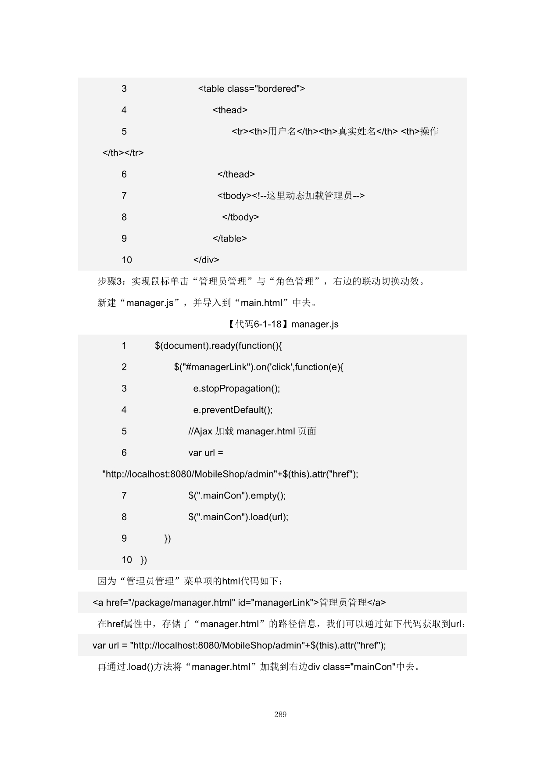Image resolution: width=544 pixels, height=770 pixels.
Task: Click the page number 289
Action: pyautogui.click(x=280, y=715)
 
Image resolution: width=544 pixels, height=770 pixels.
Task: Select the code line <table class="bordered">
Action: pyautogui.click(x=251, y=89)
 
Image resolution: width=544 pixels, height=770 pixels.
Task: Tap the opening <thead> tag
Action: pyautogui.click(x=230, y=110)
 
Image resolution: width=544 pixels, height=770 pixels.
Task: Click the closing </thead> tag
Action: pyautogui.click(x=236, y=174)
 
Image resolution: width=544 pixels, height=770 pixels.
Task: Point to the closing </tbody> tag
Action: pyautogui.click(x=240, y=217)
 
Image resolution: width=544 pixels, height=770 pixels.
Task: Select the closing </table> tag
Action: pyautogui.click(x=229, y=239)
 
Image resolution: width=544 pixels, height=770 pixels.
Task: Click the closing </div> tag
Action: pyautogui.click(x=206, y=260)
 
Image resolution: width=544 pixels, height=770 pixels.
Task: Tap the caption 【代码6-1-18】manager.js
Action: pyautogui.click(x=283, y=325)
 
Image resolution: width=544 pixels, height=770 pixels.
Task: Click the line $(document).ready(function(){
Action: pyautogui.click(x=218, y=346)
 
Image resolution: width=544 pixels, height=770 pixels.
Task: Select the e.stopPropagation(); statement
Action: pyautogui.click(x=236, y=389)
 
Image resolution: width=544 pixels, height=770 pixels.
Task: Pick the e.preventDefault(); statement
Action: pyautogui.click(x=233, y=410)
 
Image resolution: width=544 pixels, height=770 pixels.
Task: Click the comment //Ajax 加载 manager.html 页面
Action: pyautogui.click(x=252, y=431)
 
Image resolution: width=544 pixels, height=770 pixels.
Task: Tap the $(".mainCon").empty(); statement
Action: pyautogui.click(x=237, y=496)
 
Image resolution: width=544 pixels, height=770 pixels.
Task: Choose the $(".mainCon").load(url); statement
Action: pyautogui.click(x=238, y=517)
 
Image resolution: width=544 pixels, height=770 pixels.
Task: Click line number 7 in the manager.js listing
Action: pyautogui.click(x=124, y=496)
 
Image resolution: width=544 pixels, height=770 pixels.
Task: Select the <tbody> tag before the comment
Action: pyautogui.click(x=234, y=196)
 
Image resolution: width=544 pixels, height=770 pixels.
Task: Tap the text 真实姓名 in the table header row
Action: pyautogui.click(x=357, y=132)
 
